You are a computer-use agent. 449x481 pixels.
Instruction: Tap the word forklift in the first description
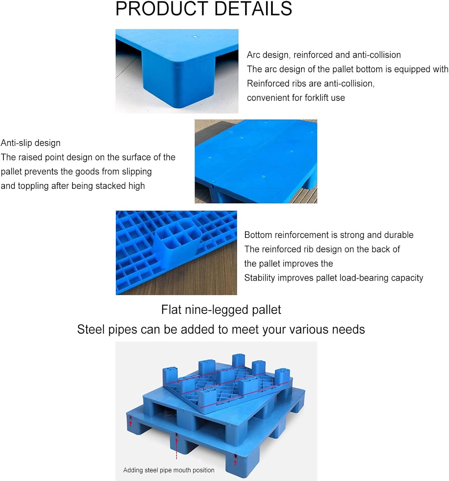point(312,98)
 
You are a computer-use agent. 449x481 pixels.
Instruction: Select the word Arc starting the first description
point(254,55)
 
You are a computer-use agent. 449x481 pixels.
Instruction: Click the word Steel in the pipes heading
point(91,330)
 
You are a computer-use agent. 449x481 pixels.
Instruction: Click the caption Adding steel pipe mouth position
point(169,470)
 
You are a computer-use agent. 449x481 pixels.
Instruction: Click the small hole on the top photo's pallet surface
point(194,36)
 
